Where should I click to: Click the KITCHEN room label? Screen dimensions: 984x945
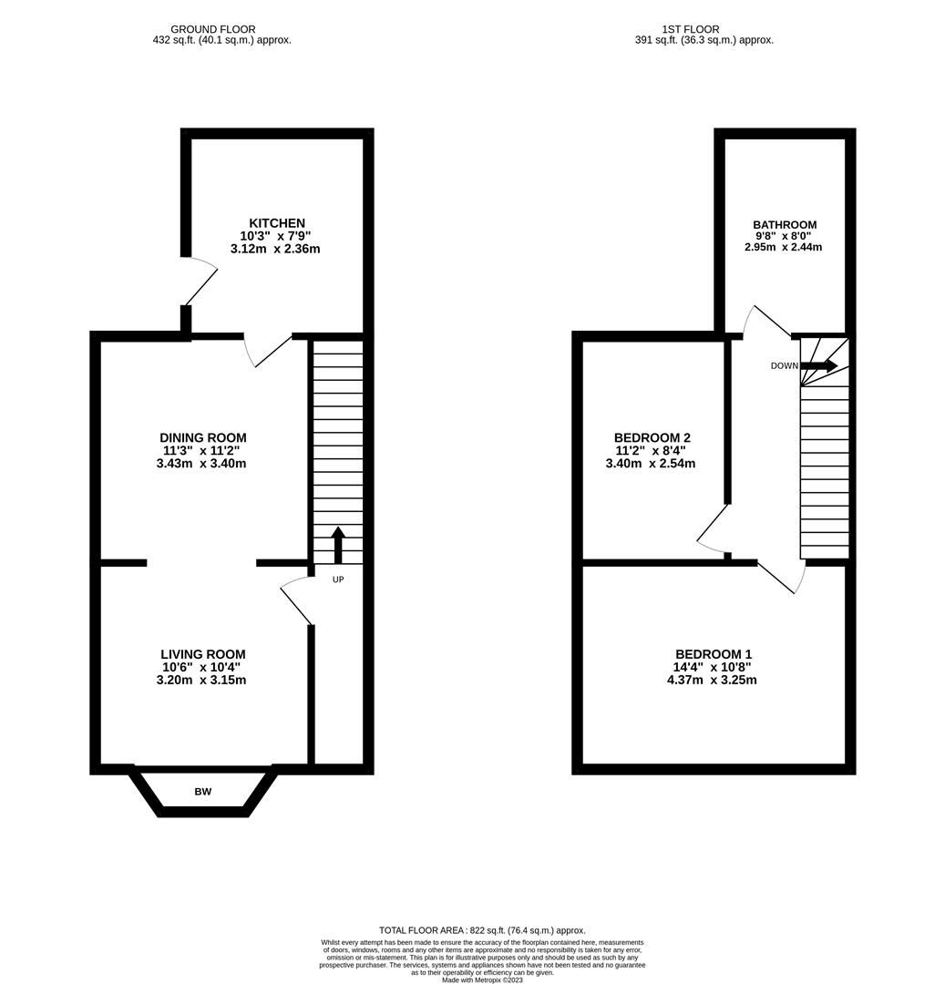[277, 223]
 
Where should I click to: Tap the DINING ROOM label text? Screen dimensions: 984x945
[202, 437]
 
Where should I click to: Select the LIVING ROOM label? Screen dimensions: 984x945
[202, 654]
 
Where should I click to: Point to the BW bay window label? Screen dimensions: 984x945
[202, 792]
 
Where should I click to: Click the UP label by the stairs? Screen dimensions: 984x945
[337, 579]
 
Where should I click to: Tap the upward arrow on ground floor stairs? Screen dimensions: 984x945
[337, 544]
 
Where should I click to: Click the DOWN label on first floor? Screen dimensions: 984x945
[784, 366]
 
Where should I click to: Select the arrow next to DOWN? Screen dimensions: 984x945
[819, 365]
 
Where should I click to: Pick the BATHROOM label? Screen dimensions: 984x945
[785, 225]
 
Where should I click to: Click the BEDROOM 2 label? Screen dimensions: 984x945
[652, 437]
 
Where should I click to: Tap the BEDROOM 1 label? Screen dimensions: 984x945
[714, 654]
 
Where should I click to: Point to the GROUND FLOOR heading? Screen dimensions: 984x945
[213, 29]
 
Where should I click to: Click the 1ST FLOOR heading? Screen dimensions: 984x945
[704, 29]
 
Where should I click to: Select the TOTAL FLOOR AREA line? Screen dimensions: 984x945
[482, 930]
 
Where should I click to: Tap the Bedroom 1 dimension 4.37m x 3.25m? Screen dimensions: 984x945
[714, 680]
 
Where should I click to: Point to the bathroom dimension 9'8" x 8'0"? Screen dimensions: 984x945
[785, 236]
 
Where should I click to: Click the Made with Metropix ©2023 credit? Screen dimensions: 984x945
[482, 979]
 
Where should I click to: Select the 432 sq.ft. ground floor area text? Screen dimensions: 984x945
[222, 40]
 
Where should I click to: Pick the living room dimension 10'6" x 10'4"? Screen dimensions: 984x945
[202, 667]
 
